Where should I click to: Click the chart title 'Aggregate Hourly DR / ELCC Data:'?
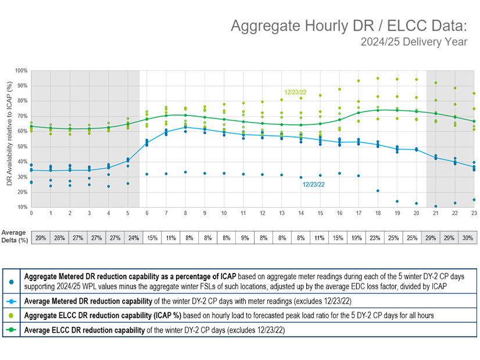coord(354,26)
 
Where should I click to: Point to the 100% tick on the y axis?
coord(22,71)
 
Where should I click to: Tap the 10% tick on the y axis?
coord(22,207)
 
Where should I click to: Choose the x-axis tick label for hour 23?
coord(474,214)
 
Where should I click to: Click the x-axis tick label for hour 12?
coord(262,214)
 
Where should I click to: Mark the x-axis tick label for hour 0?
coord(31,214)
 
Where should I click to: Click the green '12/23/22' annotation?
coord(296,92)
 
